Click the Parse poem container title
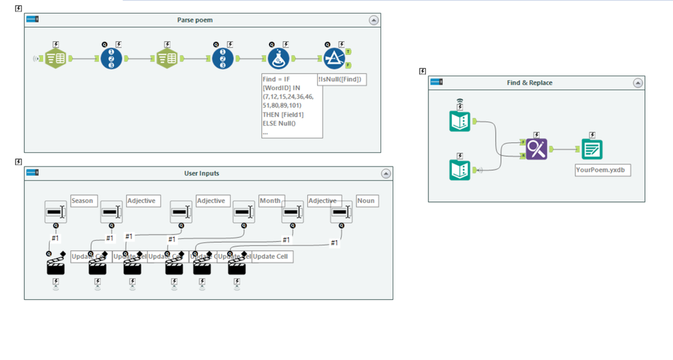[195, 20]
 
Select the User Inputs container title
[201, 173]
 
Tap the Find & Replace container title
[530, 83]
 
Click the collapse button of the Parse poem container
[373, 20]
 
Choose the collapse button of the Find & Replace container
[637, 83]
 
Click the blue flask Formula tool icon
[279, 59]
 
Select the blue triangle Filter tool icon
[334, 59]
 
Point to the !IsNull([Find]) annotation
[341, 80]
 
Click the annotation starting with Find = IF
[291, 106]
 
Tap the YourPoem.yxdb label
[602, 171]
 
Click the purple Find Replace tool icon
[537, 149]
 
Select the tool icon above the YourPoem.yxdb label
[591, 149]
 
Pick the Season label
[83, 201]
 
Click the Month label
[269, 201]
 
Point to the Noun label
[366, 201]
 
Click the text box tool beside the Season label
[56, 212]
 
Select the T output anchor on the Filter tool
[348, 52]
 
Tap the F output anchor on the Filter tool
[348, 65]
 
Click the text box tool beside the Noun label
[342, 212]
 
